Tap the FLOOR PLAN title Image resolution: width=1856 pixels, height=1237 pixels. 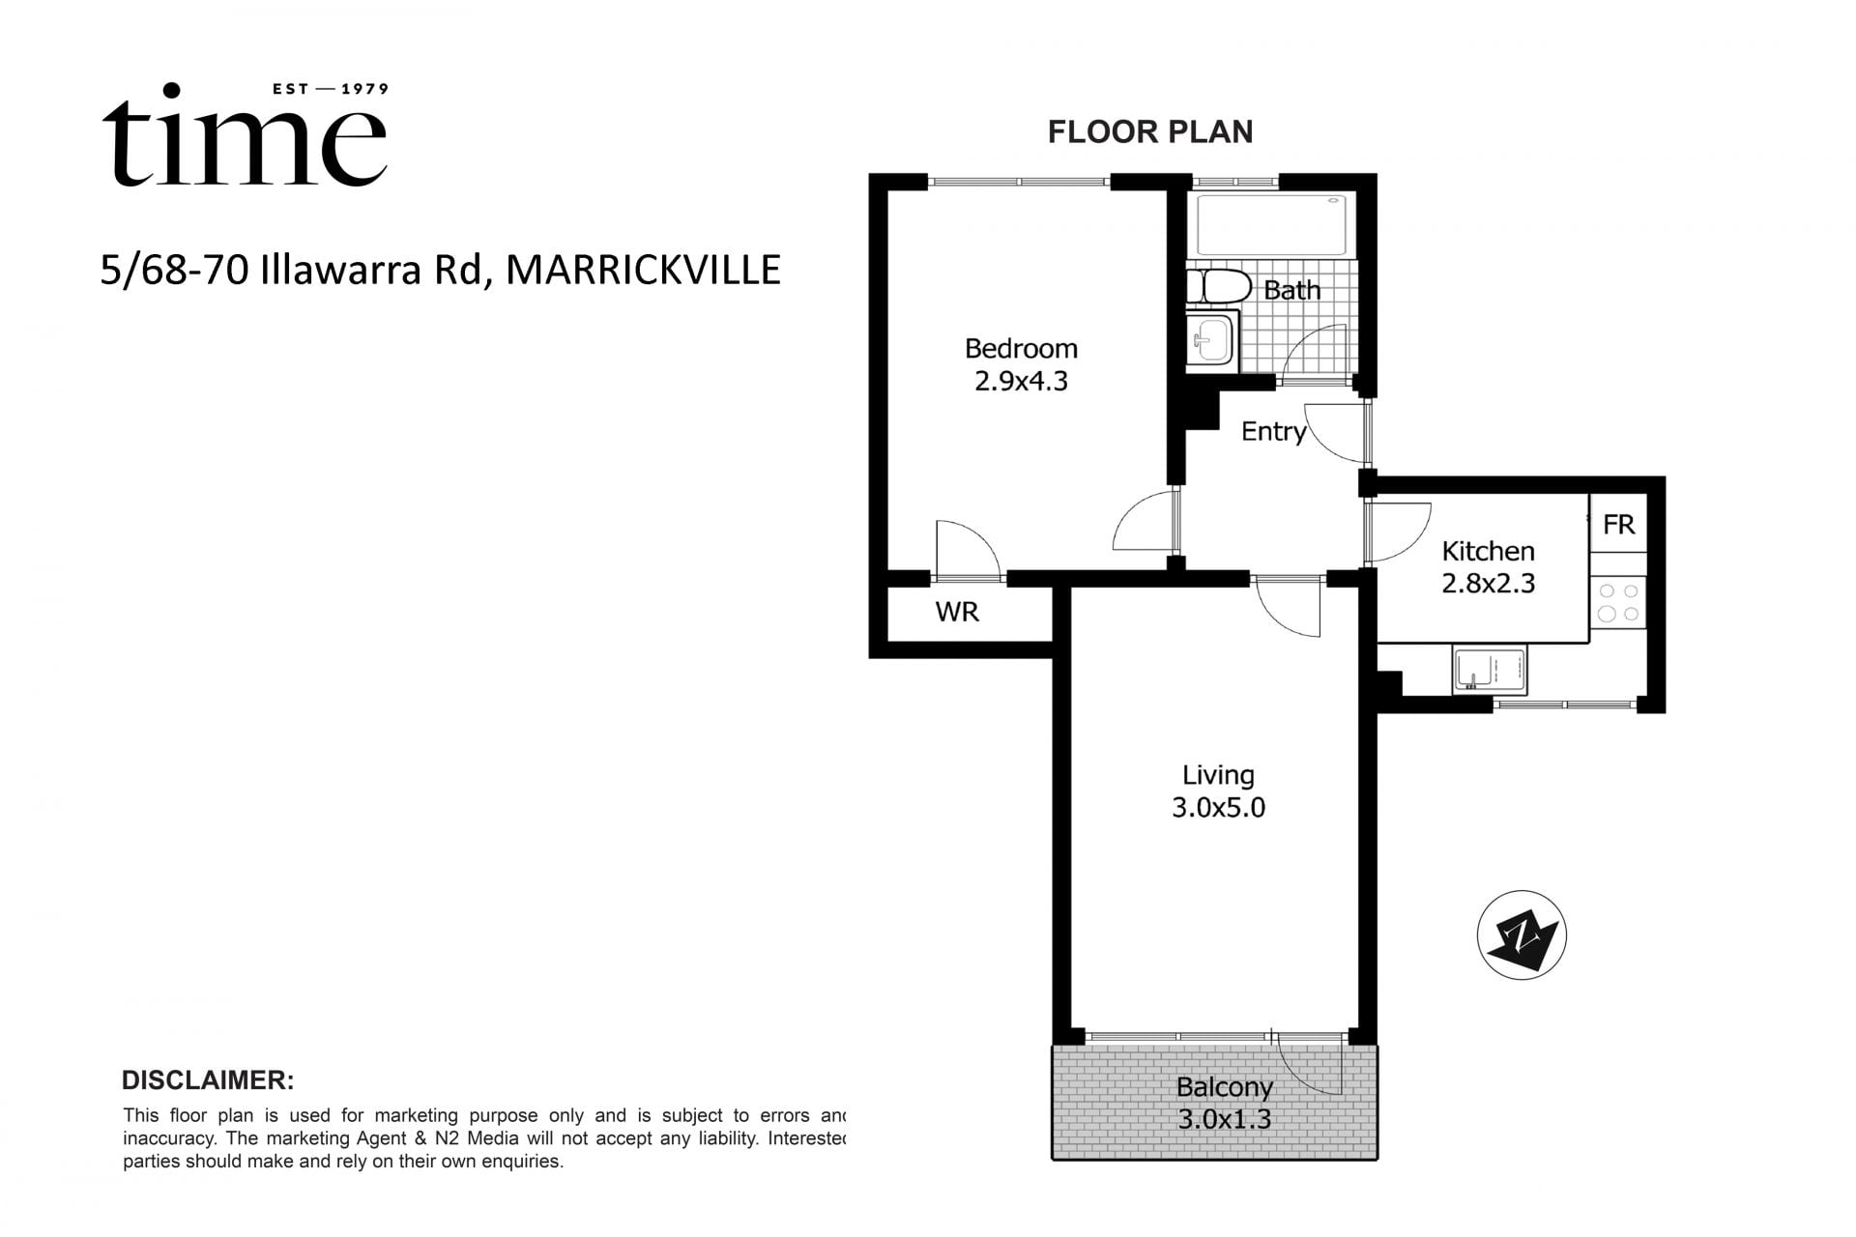[1149, 132]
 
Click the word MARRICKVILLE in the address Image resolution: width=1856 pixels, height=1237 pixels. [643, 271]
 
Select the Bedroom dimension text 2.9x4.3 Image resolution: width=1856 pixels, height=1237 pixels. [1021, 382]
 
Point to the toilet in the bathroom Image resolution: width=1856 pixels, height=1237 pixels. [1220, 287]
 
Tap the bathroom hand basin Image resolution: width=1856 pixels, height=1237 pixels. [1211, 339]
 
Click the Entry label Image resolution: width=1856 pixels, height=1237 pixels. [1272, 432]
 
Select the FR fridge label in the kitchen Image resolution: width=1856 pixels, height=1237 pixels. [1618, 525]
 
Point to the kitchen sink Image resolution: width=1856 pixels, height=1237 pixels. [1489, 670]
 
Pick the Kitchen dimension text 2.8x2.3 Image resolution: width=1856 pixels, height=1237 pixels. [1488, 584]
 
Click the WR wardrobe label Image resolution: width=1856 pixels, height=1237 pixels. [957, 612]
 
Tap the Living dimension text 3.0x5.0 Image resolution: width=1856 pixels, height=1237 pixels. [1218, 808]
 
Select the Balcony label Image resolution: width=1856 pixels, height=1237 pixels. [1224, 1087]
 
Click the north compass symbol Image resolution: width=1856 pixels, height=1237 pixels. [1522, 935]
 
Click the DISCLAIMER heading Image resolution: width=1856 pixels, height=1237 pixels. [208, 1080]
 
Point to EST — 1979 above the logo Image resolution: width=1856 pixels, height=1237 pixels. [331, 89]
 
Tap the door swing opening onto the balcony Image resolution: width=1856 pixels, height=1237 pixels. [1311, 1063]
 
